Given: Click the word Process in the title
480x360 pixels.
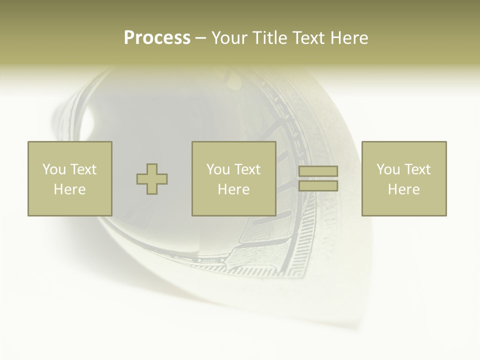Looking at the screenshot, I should [157, 38].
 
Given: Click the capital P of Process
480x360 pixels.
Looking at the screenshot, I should [129, 38].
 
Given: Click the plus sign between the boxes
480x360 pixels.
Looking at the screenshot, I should [152, 178].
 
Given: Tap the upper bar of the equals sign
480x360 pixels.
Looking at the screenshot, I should [318, 171].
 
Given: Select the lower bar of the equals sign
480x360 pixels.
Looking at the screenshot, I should [318, 186].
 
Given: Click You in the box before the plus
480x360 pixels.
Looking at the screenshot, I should [53, 169].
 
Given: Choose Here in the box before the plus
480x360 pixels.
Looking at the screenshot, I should [69, 189].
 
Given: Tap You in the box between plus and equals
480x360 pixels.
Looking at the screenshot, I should [218, 169].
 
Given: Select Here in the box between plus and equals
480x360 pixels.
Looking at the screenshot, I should [233, 189].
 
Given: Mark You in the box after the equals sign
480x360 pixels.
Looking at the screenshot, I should [388, 169].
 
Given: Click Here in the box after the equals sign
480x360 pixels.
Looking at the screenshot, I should [403, 189].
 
